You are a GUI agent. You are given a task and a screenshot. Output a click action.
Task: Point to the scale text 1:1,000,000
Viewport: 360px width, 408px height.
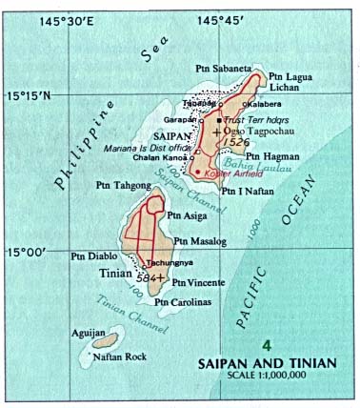[x=290, y=376]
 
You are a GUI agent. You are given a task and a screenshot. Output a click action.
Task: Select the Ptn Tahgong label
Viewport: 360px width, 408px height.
[x=120, y=187]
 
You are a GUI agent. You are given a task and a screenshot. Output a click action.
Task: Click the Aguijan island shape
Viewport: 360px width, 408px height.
[x=105, y=338]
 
